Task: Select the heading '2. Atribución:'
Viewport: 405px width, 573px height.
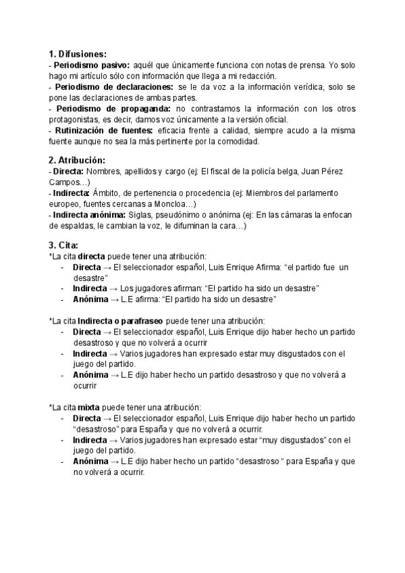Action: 77,160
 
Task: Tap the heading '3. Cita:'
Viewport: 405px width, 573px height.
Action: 63,245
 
